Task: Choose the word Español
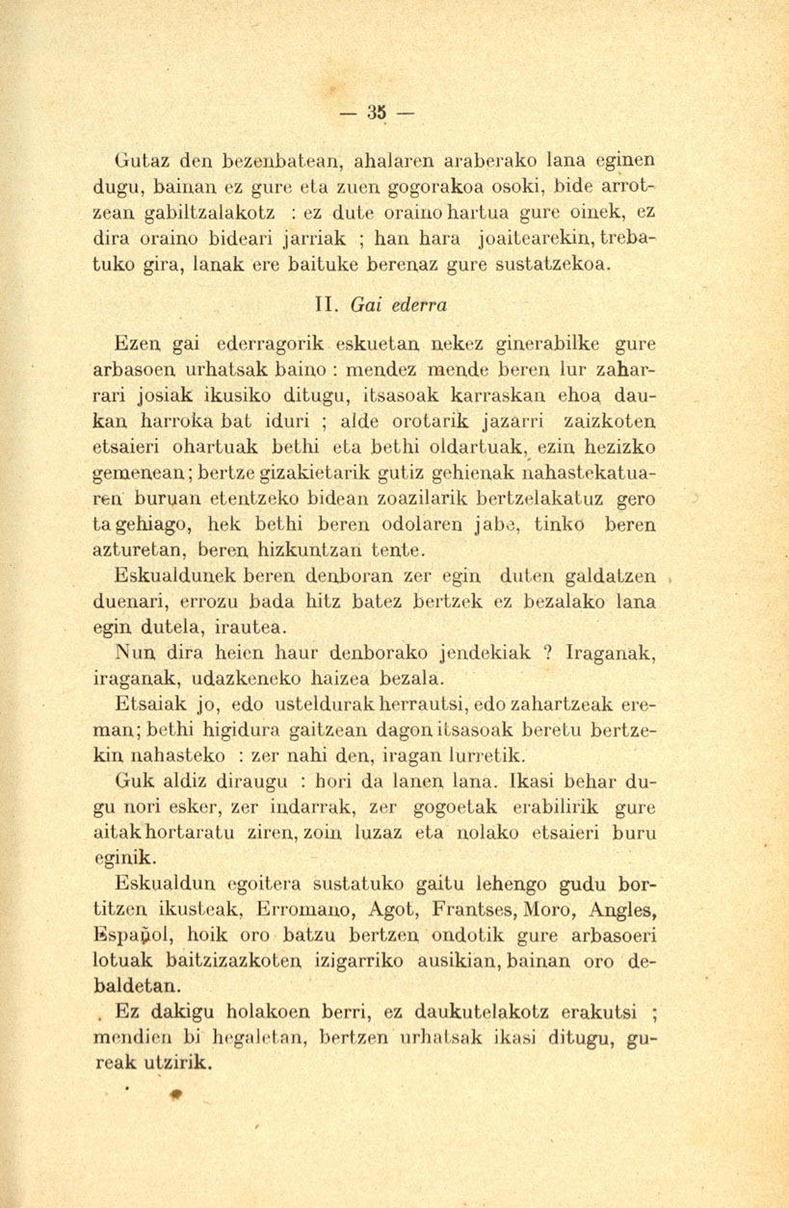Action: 145,933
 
